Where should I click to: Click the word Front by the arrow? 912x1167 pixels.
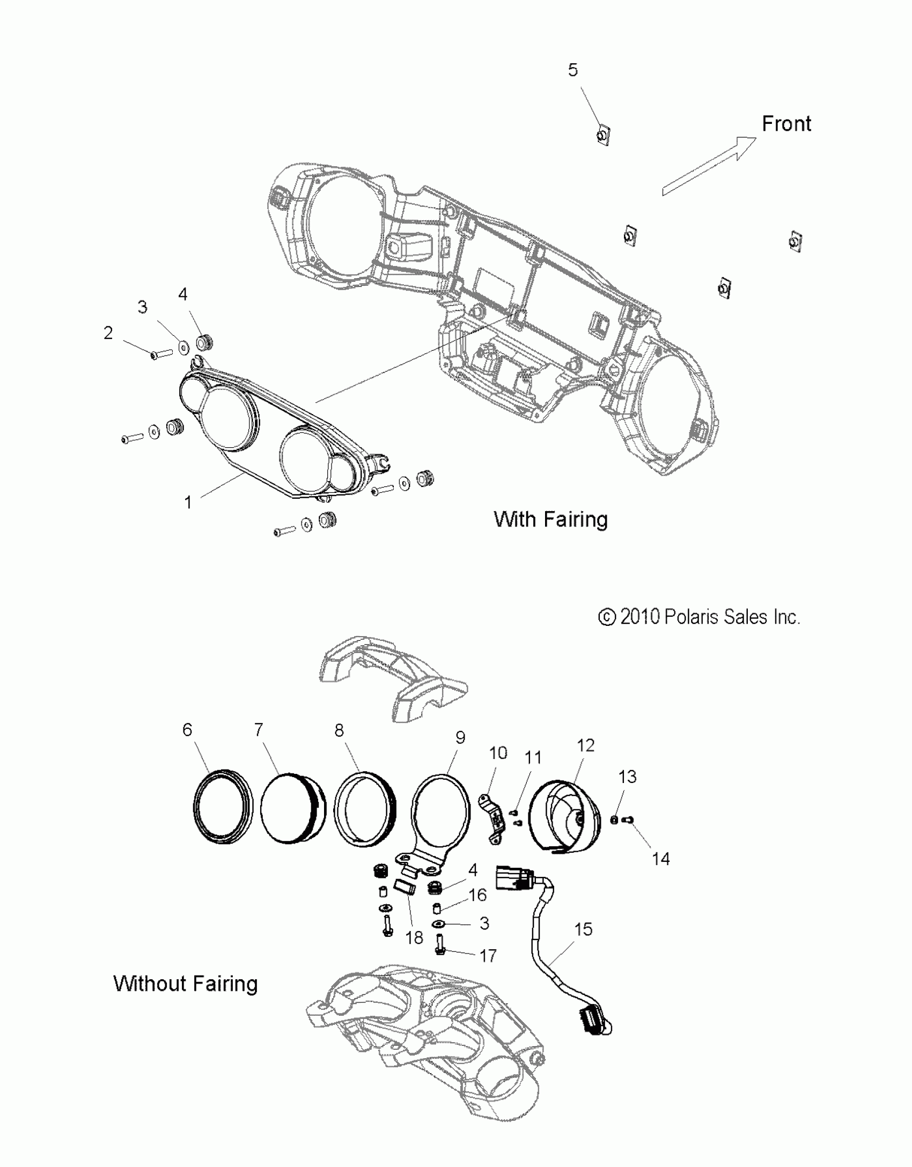pyautogui.click(x=786, y=124)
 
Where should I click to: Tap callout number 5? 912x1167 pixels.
pyautogui.click(x=573, y=70)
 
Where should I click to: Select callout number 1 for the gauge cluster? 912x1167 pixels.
pyautogui.click(x=188, y=503)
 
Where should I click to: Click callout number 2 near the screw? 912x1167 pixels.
pyautogui.click(x=108, y=333)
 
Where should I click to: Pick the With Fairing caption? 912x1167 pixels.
pyautogui.click(x=550, y=519)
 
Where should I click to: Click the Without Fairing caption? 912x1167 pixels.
pyautogui.click(x=186, y=984)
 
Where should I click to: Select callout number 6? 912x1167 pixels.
pyautogui.click(x=187, y=729)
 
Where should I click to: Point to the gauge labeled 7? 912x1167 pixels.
pyautogui.click(x=293, y=807)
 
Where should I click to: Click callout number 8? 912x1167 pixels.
pyautogui.click(x=339, y=730)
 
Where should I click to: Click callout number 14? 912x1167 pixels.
pyautogui.click(x=661, y=859)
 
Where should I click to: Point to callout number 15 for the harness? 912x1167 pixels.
pyautogui.click(x=583, y=929)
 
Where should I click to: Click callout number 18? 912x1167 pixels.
pyautogui.click(x=414, y=937)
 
